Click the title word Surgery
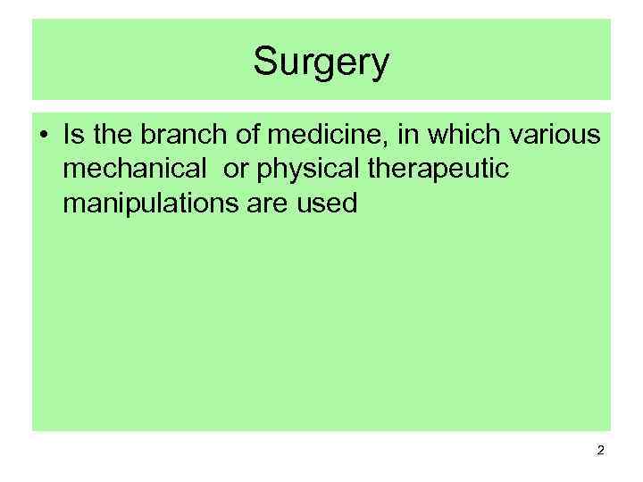point(321,62)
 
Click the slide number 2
point(600,451)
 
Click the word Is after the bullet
point(72,136)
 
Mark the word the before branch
point(110,136)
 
